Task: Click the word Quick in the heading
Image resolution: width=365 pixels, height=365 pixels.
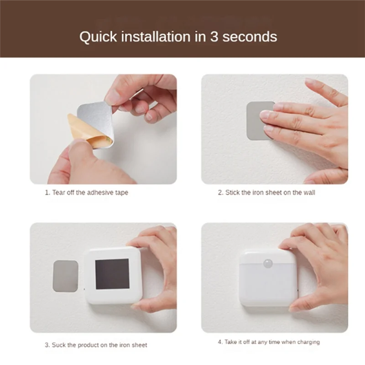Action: [98, 37]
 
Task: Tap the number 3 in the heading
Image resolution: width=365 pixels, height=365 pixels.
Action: [214, 36]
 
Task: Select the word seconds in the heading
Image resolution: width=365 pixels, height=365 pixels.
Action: [250, 37]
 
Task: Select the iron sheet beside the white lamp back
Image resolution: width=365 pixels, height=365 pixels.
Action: [65, 276]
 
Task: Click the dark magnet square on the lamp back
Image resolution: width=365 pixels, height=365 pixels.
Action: [112, 274]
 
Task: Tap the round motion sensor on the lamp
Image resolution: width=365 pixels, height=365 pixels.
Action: [268, 264]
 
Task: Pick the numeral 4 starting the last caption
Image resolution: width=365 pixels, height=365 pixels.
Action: [220, 342]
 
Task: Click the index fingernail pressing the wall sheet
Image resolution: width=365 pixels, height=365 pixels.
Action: [278, 106]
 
